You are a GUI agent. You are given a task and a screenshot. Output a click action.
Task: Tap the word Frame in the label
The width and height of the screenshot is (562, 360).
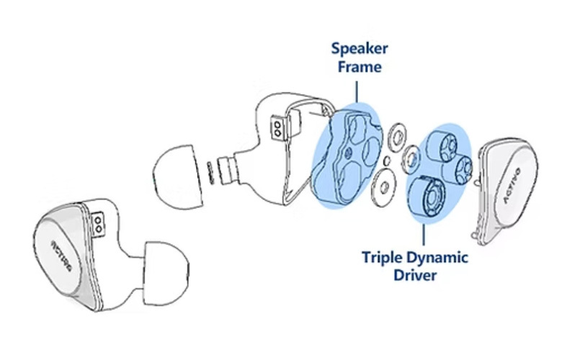tap(357, 66)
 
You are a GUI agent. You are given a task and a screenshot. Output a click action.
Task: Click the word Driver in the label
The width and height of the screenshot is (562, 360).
tap(414, 275)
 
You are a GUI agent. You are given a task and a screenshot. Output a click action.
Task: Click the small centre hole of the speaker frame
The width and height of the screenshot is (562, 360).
tap(349, 152)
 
